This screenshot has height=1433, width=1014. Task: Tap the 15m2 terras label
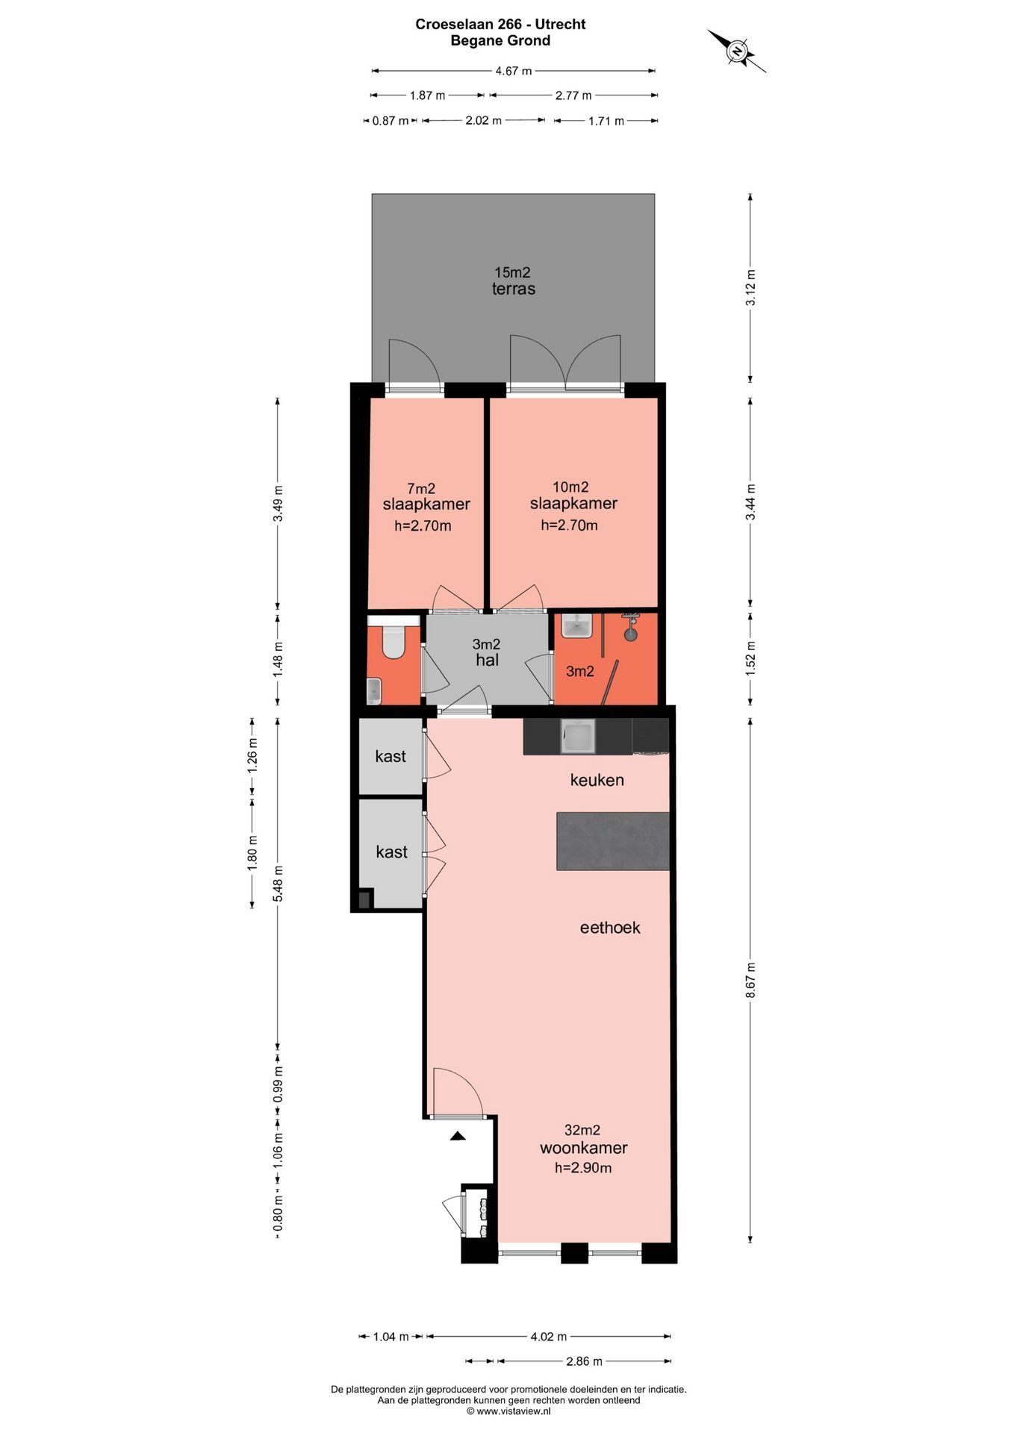point(513,281)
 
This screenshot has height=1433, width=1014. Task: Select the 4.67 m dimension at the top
point(514,71)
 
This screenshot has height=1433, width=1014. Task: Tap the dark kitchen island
point(612,840)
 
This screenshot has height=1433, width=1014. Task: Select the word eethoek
point(610,928)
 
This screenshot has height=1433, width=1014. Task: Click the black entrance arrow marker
point(458,1137)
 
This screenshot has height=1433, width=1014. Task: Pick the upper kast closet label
point(391,756)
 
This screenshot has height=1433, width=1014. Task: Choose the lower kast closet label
point(391,852)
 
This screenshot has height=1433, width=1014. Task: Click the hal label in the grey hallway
point(487,660)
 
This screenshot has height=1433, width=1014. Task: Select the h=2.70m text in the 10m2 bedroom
point(569,525)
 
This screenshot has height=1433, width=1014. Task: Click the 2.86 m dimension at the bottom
point(584,1361)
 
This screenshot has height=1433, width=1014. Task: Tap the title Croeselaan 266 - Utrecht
point(500,24)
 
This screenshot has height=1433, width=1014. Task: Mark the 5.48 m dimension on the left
point(279,883)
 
